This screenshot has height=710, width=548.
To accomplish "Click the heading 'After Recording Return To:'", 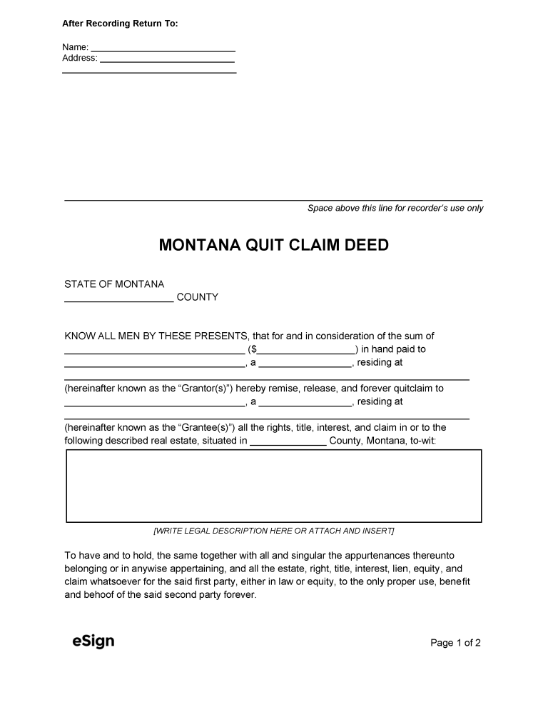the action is click(120, 24).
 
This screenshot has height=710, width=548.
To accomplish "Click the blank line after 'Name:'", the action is click(163, 48).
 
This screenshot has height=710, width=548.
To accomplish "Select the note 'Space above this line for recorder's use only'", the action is click(395, 209).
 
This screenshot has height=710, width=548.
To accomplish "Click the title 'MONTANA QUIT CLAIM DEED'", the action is click(273, 246).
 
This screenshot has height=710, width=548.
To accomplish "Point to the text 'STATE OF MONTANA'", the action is click(114, 284).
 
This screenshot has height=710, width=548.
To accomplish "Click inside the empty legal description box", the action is click(273, 486).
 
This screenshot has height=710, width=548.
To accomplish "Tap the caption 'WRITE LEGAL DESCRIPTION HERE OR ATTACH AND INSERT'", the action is click(273, 531).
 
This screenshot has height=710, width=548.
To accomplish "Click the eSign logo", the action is click(93, 641).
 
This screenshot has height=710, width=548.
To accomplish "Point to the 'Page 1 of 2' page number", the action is click(455, 643).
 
